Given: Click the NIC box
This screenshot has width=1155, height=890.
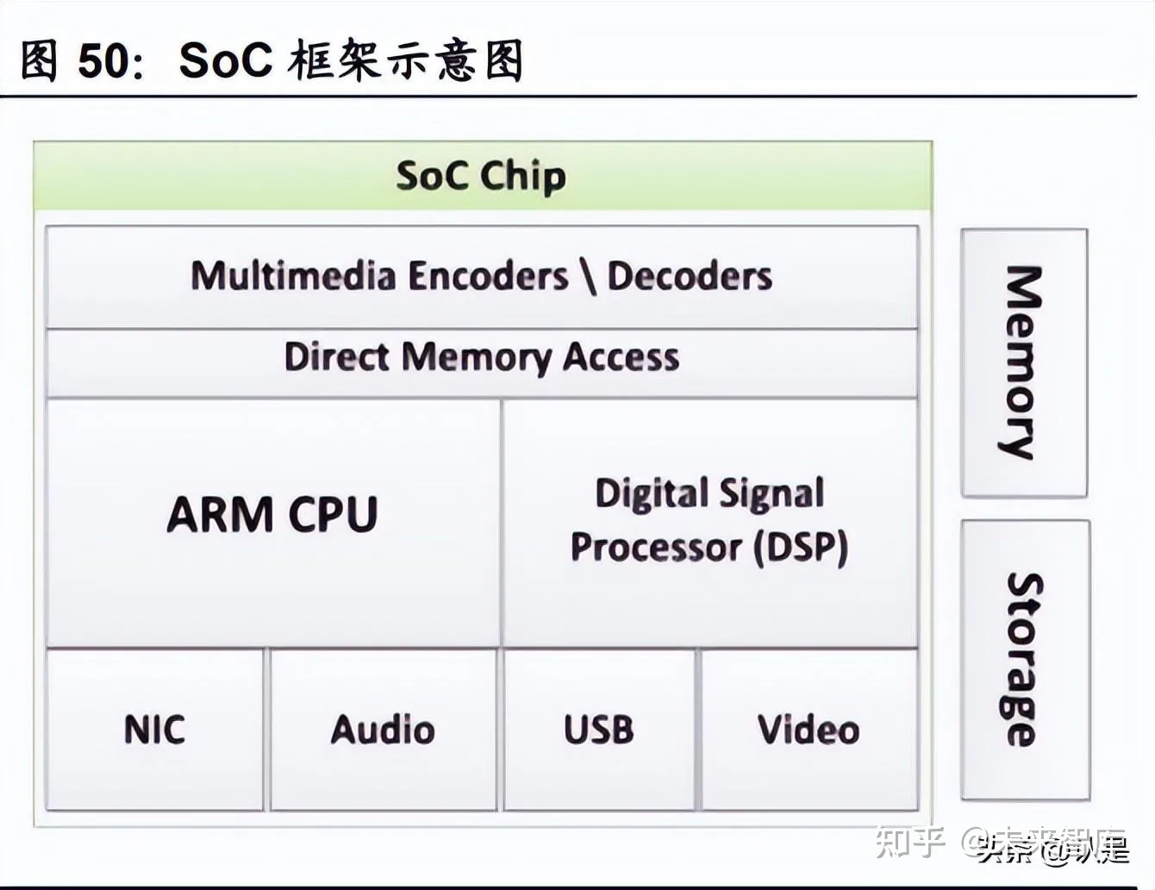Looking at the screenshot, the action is tap(154, 730).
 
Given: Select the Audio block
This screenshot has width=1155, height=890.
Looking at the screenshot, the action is tap(384, 730).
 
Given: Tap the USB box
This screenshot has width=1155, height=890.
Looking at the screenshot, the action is tap(599, 730).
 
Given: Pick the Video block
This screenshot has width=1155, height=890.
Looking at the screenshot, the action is tap(809, 730).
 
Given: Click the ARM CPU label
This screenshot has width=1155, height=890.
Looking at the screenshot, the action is tap(272, 515).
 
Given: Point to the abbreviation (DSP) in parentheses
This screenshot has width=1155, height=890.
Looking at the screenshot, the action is tap(802, 548).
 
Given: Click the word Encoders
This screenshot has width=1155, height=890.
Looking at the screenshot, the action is tap(488, 276).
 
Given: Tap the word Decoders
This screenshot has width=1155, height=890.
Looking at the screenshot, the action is tap(690, 276).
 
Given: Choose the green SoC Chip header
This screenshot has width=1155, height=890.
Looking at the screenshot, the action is tap(482, 176).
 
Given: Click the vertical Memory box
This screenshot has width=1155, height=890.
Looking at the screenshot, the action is tap(1024, 362).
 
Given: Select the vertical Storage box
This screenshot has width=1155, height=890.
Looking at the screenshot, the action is tap(1025, 660).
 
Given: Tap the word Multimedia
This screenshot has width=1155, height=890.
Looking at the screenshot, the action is tap(294, 276).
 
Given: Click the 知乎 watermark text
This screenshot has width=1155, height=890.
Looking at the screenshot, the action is tap(909, 842).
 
